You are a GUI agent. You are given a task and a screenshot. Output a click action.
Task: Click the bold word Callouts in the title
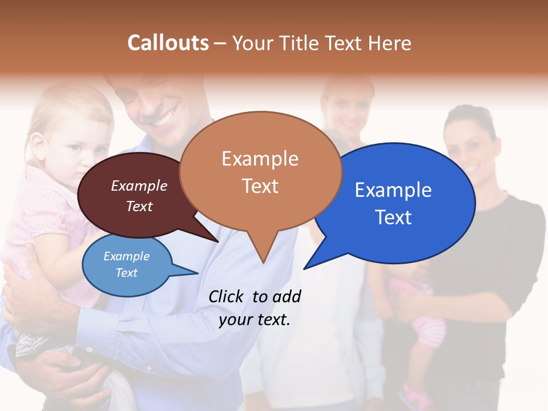pos(168,43)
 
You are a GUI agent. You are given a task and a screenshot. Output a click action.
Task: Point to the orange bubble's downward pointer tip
pos(263,262)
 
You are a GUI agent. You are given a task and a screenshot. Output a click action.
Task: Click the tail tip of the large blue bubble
pos(305,268)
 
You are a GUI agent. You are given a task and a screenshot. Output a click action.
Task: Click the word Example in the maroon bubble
pos(139,186)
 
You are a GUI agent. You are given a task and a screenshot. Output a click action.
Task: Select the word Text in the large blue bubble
pos(393,217)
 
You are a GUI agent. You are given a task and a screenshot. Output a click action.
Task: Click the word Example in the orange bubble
pos(260,159)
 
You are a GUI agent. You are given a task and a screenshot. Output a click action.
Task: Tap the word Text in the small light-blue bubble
pos(127,273)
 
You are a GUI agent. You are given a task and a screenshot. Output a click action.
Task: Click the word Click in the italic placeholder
pos(227,296)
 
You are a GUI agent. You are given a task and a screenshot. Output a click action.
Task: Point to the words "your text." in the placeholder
pos(255,320)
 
